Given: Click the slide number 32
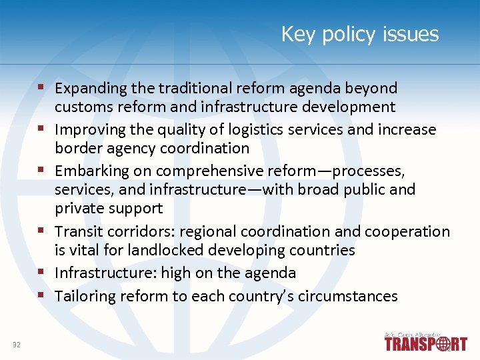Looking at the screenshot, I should [x=16, y=344].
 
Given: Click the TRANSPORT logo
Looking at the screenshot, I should [x=425, y=343].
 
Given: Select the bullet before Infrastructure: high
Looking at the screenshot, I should [x=41, y=272].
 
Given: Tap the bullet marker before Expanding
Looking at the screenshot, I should [x=41, y=87].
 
